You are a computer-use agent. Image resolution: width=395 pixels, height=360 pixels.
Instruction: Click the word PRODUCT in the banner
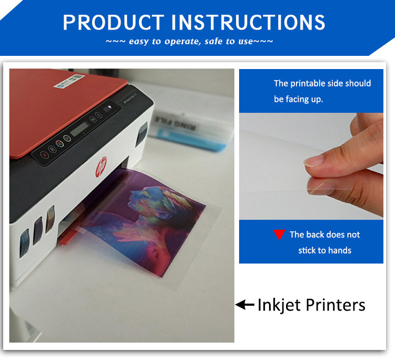pyautogui.click(x=113, y=22)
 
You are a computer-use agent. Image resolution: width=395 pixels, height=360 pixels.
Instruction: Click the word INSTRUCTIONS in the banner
pyautogui.click(x=249, y=22)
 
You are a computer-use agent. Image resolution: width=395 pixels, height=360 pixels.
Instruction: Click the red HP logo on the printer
pyautogui.click(x=101, y=167)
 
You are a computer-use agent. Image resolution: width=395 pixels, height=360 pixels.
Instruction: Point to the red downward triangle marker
pyautogui.click(x=279, y=235)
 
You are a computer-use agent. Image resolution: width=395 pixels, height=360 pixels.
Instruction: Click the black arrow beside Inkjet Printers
pyautogui.click(x=245, y=304)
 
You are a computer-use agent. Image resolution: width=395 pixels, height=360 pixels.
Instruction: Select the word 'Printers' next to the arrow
pyautogui.click(x=335, y=305)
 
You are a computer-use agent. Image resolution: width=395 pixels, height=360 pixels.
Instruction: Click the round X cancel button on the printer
pyautogui.click(x=44, y=154)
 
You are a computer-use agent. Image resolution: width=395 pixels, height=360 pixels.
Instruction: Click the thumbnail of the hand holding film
pyautogui.click(x=311, y=166)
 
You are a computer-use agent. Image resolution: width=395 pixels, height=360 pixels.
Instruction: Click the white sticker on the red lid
pyautogui.click(x=69, y=81)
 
